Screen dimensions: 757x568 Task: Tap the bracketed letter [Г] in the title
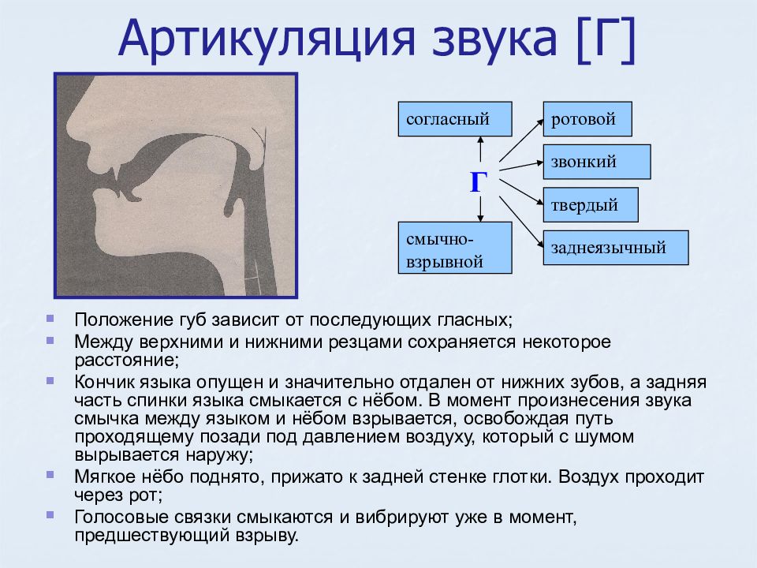point(606,39)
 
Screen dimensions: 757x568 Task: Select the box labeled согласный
point(455,119)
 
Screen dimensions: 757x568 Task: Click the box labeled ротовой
point(587,119)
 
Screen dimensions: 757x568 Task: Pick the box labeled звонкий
point(597,162)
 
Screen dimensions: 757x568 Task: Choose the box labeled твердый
point(591,205)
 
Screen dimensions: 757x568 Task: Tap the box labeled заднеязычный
point(616,248)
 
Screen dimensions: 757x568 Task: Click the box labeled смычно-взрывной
point(455,248)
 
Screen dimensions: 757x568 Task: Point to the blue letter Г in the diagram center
point(478,183)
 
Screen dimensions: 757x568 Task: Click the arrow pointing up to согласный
point(480,149)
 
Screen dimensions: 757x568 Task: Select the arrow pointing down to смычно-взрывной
point(480,209)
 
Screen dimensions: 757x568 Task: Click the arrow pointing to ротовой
point(521,140)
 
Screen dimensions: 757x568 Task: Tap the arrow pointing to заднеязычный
point(521,222)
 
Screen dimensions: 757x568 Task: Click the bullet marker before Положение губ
point(50,318)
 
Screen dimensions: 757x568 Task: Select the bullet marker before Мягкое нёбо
point(50,475)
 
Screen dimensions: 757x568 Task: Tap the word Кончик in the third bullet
point(104,382)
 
